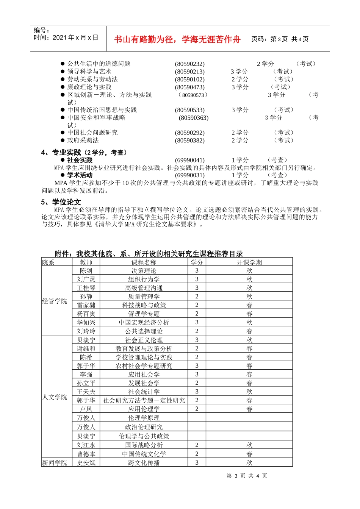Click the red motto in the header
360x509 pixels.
[x=177, y=39]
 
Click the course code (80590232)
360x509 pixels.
[x=189, y=64]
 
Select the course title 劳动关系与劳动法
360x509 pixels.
[x=92, y=80]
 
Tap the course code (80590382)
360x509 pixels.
[x=189, y=141]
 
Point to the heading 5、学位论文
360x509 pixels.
[x=61, y=202]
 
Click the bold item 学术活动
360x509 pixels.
[x=80, y=175]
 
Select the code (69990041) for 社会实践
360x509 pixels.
[x=189, y=160]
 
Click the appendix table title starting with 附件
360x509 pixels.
[x=149, y=254]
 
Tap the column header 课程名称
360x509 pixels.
[x=144, y=262]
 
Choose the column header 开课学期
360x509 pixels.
[x=249, y=262]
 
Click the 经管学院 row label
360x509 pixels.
[x=55, y=301]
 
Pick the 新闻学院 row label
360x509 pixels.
[x=55, y=463]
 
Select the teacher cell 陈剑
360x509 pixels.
[x=86, y=271]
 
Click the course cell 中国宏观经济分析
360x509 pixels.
[x=144, y=322]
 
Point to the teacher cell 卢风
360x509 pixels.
[x=86, y=409]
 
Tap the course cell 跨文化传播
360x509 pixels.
[x=144, y=463]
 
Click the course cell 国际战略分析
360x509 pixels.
[x=144, y=445]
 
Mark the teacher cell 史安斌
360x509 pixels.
[x=86, y=463]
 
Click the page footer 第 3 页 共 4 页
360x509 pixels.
[x=247, y=476]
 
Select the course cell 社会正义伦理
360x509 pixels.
[x=144, y=340]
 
